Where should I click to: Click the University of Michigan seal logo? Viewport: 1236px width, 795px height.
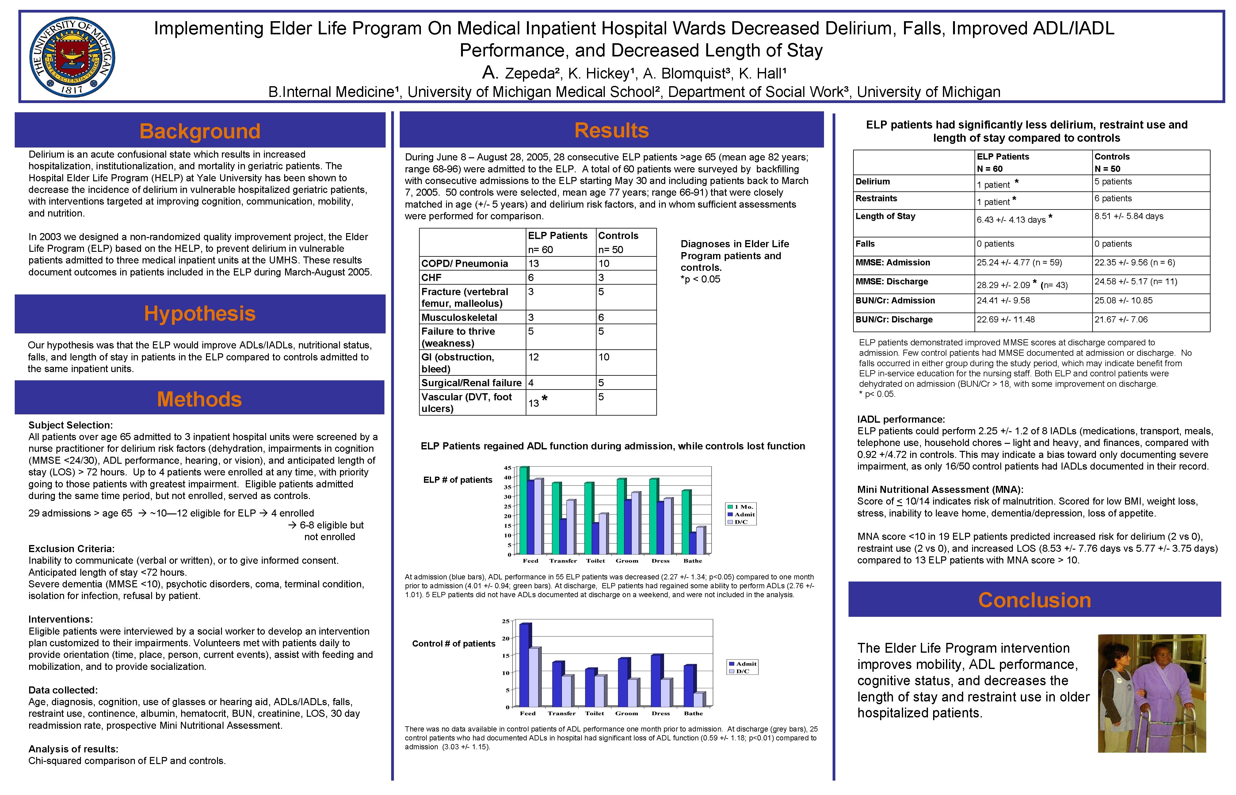click(x=72, y=57)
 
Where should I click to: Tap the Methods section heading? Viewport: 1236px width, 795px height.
click(x=199, y=399)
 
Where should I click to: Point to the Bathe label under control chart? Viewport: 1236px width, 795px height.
click(x=693, y=713)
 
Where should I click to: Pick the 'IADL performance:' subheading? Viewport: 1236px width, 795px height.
click(x=901, y=419)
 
